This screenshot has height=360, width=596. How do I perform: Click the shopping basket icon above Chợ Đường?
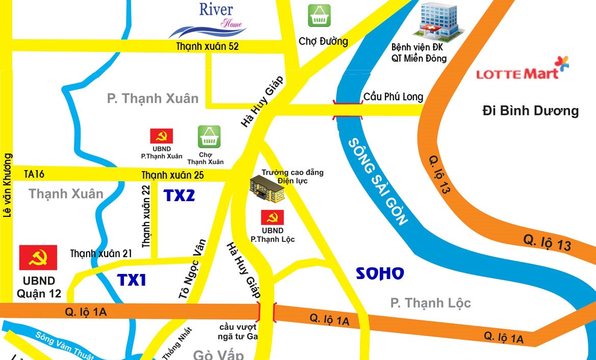319,15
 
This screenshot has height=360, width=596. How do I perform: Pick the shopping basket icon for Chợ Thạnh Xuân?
209,136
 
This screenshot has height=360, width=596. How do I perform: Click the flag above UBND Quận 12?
38,258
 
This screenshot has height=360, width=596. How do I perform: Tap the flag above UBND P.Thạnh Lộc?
273,217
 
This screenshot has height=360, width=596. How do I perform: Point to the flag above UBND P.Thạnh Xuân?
161,136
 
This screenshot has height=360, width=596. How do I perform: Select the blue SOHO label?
380,273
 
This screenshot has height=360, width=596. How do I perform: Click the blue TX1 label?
132,280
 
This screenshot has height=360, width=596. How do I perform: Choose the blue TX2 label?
179,195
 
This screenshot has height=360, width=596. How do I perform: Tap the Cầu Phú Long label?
393,97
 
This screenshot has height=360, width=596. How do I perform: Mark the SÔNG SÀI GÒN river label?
378,181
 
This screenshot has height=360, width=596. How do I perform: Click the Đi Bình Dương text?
530,110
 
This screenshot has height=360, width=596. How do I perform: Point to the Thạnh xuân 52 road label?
208,46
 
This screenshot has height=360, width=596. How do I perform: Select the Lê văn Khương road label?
7,185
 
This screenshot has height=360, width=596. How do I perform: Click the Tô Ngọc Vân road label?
192,268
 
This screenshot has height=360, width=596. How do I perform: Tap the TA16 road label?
34,174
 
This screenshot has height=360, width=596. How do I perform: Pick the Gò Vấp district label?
218,354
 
